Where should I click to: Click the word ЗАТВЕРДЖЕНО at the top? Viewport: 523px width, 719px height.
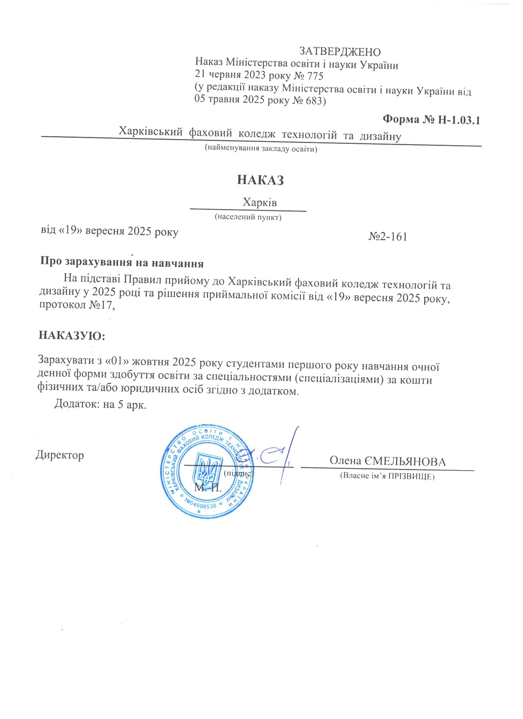[340, 52]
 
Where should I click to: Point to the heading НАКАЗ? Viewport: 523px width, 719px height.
[260, 180]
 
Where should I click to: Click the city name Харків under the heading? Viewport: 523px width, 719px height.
[260, 203]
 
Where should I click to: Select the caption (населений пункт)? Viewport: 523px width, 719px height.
[248, 217]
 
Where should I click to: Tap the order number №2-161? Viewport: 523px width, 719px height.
[388, 237]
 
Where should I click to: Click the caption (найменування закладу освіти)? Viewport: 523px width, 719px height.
[261, 149]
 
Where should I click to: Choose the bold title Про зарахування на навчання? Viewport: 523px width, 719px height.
[122, 262]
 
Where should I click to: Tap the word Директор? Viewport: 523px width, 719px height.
[60, 455]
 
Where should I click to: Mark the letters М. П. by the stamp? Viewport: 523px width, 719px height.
[208, 488]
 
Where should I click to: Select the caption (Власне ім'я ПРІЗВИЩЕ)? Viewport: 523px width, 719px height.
[387, 476]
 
